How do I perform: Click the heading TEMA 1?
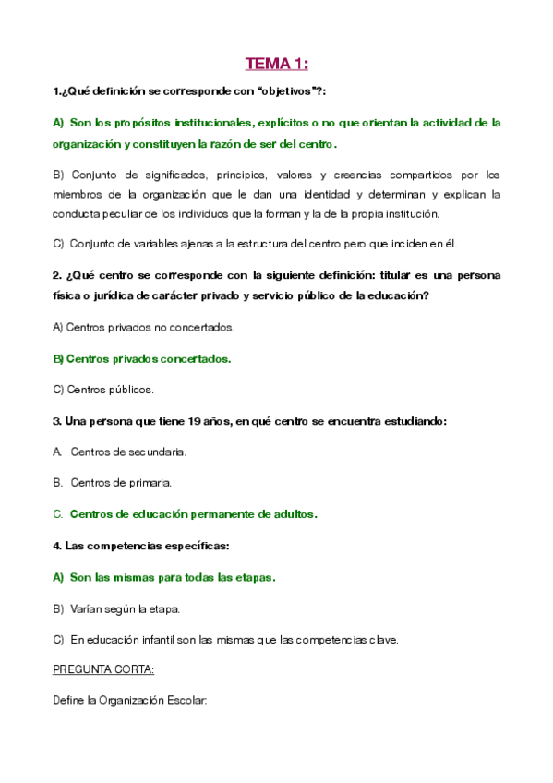tap(276, 64)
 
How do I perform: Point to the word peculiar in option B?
tap(131, 213)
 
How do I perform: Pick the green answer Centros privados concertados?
tap(142, 358)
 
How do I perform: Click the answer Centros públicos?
tap(103, 390)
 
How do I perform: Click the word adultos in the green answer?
tap(293, 514)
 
